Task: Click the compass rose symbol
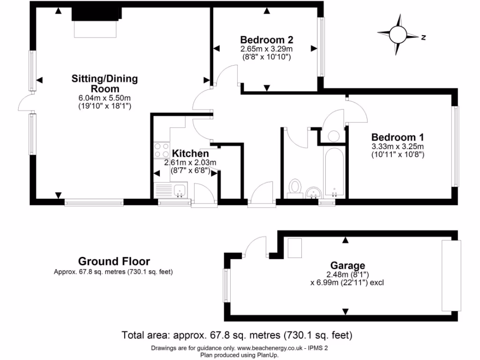click(x=399, y=35)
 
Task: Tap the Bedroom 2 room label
click(x=266, y=39)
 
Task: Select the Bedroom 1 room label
click(x=397, y=137)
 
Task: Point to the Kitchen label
click(x=190, y=154)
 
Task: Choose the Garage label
click(x=347, y=265)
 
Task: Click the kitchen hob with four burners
click(x=161, y=150)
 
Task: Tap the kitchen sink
click(x=179, y=190)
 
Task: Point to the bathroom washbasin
click(x=313, y=192)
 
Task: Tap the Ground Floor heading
click(x=114, y=261)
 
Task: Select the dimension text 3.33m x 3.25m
click(x=397, y=146)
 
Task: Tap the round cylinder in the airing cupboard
click(x=333, y=136)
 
